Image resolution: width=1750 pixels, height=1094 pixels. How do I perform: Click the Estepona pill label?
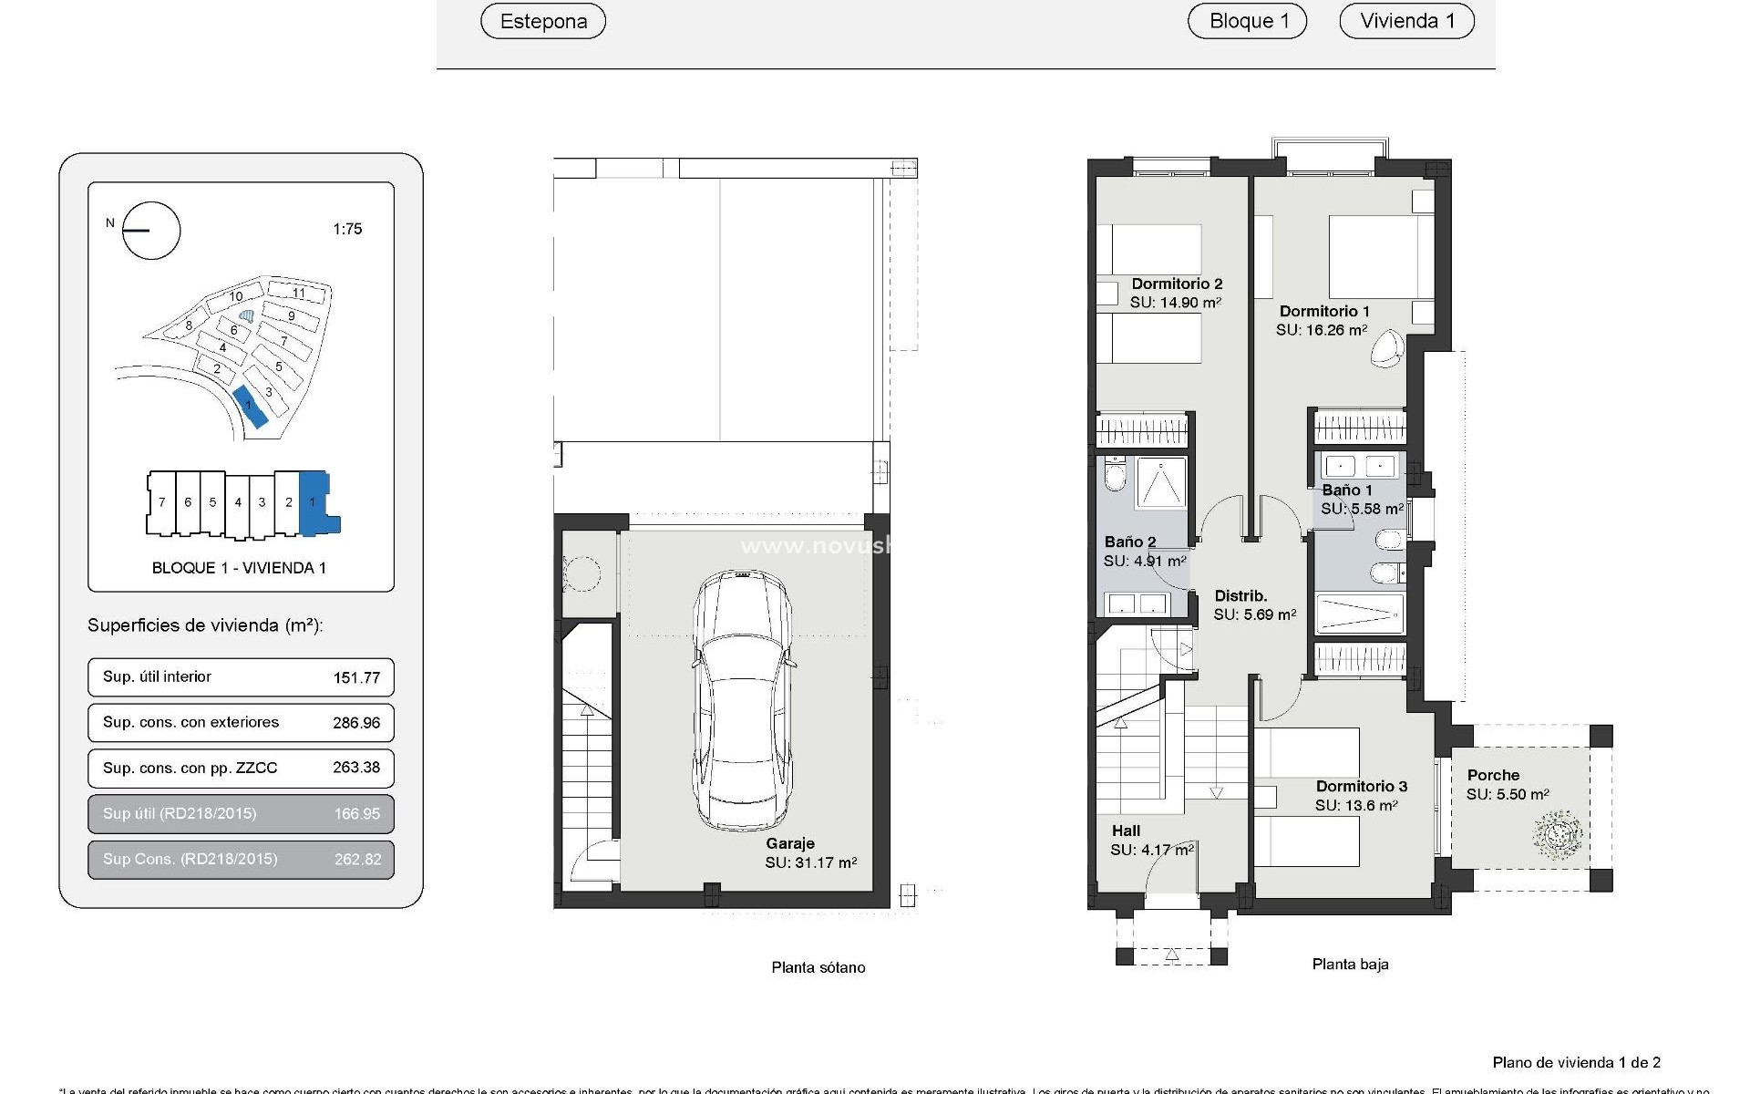coord(543,21)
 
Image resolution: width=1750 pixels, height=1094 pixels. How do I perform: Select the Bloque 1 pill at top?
coord(1247,21)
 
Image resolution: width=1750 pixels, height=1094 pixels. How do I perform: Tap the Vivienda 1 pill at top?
coord(1406,21)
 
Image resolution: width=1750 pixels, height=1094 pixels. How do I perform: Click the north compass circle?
coord(151,231)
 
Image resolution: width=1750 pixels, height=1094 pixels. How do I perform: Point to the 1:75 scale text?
coord(347,229)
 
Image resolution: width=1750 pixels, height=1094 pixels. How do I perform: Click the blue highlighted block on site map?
coord(250,407)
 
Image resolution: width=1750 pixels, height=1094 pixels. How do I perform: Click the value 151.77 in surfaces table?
coord(356,677)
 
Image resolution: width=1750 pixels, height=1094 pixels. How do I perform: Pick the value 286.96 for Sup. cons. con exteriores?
coord(356,723)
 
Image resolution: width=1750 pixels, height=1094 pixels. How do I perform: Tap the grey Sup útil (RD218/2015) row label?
coord(180,813)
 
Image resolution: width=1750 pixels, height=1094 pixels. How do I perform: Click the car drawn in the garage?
coord(742,698)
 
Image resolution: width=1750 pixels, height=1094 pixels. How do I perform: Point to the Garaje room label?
coord(789,844)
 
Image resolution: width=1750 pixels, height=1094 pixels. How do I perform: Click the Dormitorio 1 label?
coord(1323,312)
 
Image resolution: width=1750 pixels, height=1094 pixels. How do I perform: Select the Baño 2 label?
coord(1130,542)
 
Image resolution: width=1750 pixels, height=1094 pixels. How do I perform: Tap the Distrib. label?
coord(1240,596)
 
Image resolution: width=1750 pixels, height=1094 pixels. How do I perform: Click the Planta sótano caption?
coord(818,967)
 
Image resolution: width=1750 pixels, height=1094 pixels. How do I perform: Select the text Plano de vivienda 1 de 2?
coord(1576,1062)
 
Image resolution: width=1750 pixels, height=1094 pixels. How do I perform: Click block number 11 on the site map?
coord(298,293)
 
